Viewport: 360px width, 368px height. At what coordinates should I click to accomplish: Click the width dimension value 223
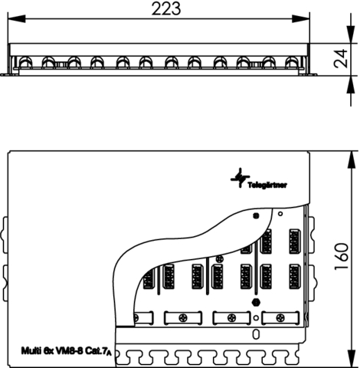pyautogui.click(x=166, y=8)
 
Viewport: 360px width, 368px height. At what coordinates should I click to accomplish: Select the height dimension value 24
pyautogui.click(x=341, y=58)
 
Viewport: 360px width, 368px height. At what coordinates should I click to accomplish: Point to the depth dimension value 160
pyautogui.click(x=341, y=256)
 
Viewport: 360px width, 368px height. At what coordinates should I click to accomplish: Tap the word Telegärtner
pyautogui.click(x=267, y=185)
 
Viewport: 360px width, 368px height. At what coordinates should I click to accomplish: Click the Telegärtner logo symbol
pyautogui.click(x=240, y=178)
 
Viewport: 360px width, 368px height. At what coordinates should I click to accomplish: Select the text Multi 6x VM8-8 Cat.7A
pyautogui.click(x=67, y=350)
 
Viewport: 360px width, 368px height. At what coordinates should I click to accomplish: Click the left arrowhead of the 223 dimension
pyautogui.click(x=17, y=18)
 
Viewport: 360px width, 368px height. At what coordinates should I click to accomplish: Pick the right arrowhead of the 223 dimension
pyautogui.click(x=301, y=18)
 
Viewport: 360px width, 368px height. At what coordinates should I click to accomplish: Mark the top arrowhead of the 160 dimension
pyautogui.click(x=352, y=159)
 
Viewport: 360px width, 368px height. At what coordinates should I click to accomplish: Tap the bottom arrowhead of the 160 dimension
pyautogui.click(x=352, y=359)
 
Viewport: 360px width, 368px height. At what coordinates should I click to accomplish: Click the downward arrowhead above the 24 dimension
pyautogui.click(x=351, y=34)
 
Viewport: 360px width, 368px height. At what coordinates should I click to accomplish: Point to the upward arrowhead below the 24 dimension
pyautogui.click(x=351, y=84)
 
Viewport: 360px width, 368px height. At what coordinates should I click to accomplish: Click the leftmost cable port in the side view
pyautogui.click(x=25, y=63)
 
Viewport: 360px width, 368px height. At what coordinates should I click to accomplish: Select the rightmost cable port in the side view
pyautogui.click(x=292, y=63)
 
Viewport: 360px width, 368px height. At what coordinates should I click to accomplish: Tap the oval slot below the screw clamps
pyautogui.click(x=256, y=334)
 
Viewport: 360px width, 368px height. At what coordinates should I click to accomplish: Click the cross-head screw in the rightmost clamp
pyautogui.click(x=280, y=318)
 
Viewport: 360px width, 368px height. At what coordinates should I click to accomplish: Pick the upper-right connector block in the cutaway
pyautogui.click(x=294, y=242)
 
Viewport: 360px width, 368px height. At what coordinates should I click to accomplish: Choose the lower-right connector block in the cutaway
pyautogui.click(x=294, y=277)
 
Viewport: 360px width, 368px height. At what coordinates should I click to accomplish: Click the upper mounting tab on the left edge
pyautogui.click(x=5, y=235)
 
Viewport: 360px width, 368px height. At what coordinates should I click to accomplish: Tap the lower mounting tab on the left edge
pyautogui.click(x=5, y=284)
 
